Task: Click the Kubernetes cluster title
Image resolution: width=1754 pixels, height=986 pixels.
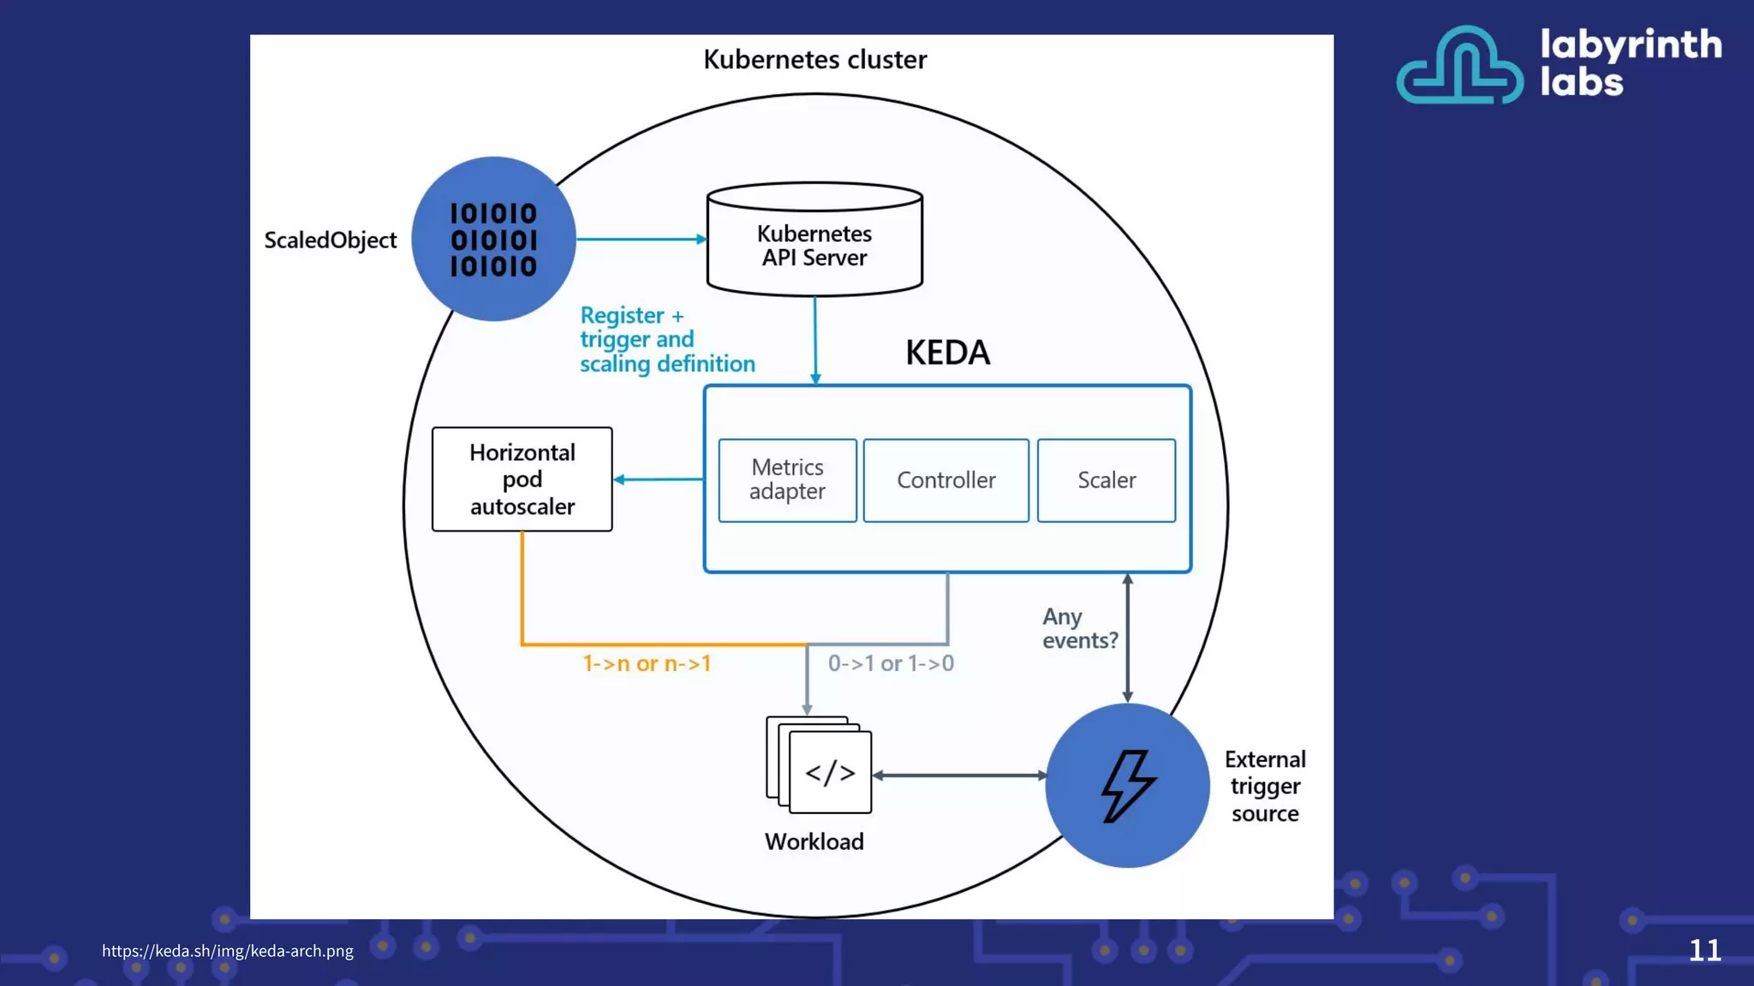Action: [814, 59]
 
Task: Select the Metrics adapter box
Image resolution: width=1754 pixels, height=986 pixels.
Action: [787, 480]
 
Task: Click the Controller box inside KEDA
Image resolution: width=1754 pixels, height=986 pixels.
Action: [946, 480]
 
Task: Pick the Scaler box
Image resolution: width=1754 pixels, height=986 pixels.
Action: [1106, 480]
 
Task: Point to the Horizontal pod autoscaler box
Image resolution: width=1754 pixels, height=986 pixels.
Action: [522, 479]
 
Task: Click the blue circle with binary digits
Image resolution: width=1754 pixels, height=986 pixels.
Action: [493, 239]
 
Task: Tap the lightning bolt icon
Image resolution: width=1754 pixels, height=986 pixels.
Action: [1127, 786]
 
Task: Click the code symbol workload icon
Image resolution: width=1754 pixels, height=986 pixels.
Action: [829, 772]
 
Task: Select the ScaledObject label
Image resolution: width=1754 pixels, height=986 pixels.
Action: [330, 241]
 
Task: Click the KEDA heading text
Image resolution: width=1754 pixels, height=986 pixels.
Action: [947, 353]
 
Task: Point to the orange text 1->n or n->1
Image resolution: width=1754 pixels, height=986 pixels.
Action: [647, 663]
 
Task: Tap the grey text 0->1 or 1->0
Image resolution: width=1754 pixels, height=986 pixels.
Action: [891, 663]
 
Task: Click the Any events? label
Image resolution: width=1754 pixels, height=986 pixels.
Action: [1079, 628]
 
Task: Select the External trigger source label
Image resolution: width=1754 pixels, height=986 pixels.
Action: [1264, 786]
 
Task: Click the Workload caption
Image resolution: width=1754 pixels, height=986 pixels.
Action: [814, 841]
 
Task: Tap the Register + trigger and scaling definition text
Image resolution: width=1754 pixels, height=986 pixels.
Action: [666, 340]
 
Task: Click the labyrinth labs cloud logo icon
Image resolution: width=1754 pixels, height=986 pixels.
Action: [1459, 66]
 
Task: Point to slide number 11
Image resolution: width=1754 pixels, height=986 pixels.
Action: [1704, 950]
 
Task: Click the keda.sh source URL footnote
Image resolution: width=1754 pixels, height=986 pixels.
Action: [227, 950]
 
